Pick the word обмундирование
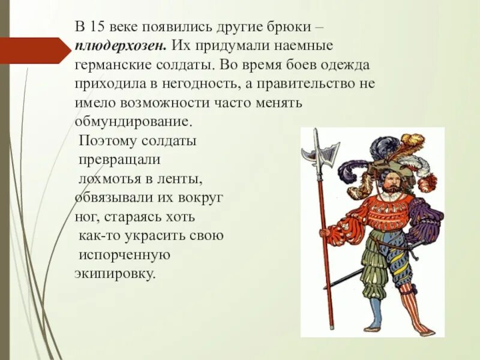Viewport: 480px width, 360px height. coord(133,121)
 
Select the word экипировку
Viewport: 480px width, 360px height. coord(115,274)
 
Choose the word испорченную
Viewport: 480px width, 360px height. coord(125,254)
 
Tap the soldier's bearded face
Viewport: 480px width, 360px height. coord(391,184)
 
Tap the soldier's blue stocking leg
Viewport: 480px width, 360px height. coord(376,312)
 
